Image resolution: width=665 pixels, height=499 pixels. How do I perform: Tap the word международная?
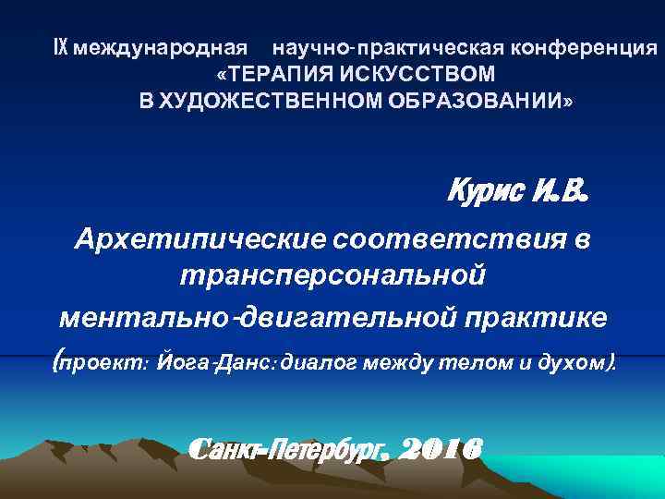[x=162, y=47]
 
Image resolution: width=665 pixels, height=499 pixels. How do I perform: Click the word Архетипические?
[x=199, y=240]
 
